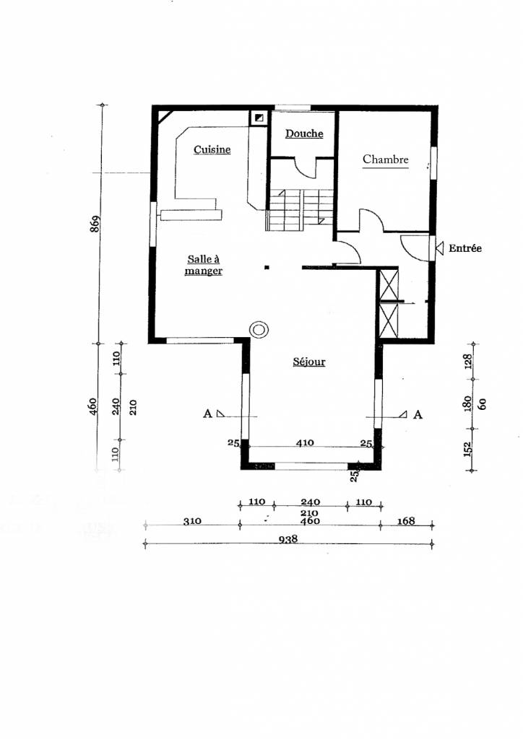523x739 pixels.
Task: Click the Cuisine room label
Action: [212, 149]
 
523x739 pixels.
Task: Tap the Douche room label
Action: [303, 134]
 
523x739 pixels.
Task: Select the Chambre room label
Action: [386, 159]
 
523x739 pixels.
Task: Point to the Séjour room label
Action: [308, 362]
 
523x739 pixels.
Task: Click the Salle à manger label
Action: [203, 265]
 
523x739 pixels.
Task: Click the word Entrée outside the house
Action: [464, 248]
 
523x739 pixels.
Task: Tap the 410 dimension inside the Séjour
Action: [304, 444]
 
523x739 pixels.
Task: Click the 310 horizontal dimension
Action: [191, 521]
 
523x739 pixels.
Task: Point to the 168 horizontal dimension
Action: [406, 521]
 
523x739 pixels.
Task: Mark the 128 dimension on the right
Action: [467, 361]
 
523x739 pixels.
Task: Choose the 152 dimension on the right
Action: [467, 449]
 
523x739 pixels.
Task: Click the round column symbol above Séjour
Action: [259, 330]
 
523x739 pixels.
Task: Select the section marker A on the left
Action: [207, 414]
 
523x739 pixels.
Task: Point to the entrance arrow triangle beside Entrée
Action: [438, 248]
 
